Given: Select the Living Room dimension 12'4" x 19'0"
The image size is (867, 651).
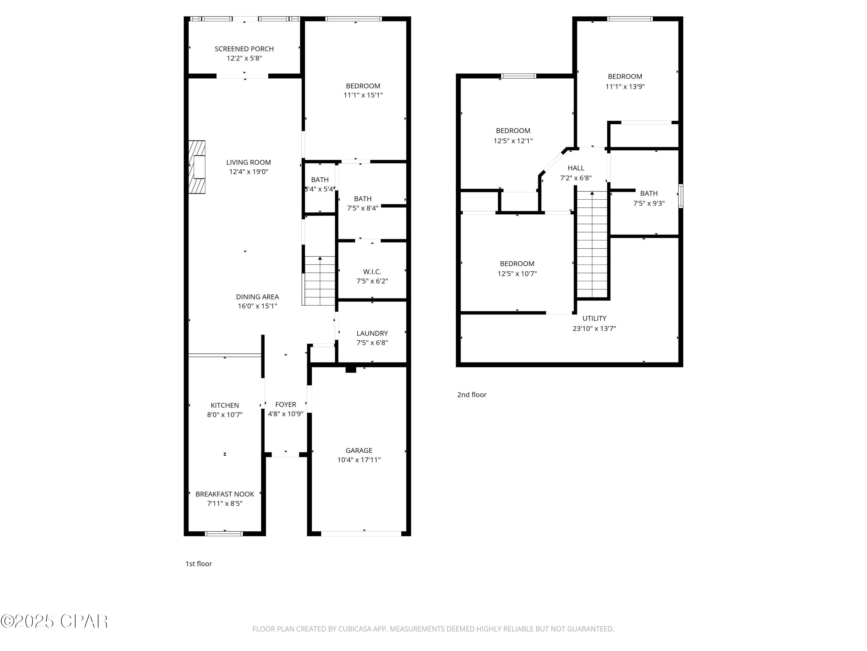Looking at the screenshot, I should pos(249,172).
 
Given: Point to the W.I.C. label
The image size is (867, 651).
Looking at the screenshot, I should pos(372,272).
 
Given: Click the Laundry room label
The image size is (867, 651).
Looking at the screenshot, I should pos(372,333).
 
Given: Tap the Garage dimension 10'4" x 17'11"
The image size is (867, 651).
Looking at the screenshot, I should pos(359,459).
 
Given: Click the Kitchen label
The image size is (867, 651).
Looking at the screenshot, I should pos(225,405).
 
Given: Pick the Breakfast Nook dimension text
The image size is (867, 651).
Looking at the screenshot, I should pos(225,503).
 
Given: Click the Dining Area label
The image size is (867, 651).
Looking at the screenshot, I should pos(257,297).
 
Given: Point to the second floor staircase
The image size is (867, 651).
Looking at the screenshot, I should pos(592,245).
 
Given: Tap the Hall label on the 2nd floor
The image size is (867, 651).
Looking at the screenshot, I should pos(575,168).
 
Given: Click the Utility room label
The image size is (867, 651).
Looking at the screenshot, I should pos(594,318).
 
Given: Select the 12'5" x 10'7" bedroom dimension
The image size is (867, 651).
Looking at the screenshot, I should pos(517,273).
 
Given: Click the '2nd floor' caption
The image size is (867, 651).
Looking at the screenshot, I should pos(472,395).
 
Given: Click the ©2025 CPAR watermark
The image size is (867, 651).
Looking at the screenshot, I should pos(54,621).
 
